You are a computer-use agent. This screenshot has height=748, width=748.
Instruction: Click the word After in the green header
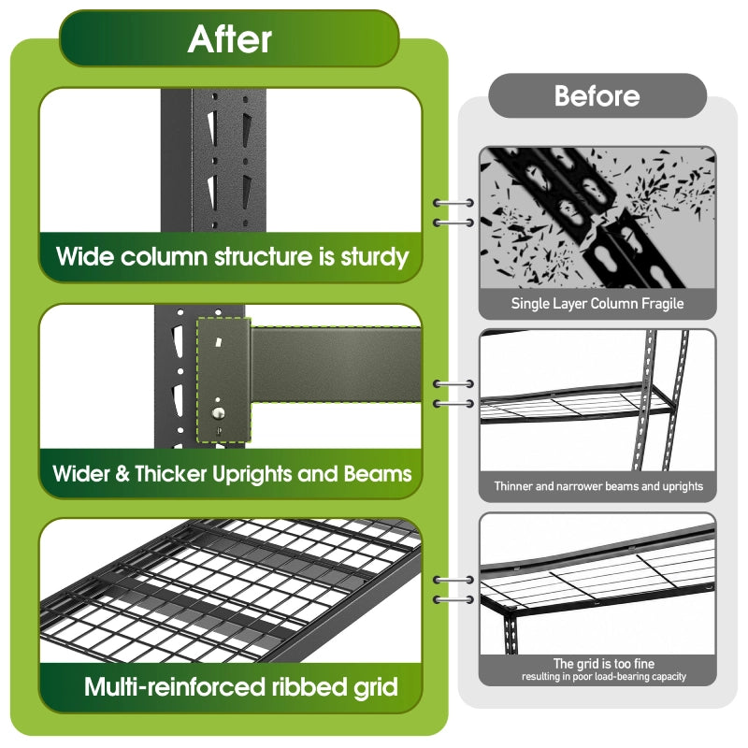pos(230,39)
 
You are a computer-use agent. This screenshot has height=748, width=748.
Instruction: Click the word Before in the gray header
pos(597,96)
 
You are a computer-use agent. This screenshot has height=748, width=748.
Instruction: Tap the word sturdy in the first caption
pos(375,258)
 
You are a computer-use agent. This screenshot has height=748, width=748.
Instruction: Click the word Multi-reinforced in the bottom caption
pos(175,687)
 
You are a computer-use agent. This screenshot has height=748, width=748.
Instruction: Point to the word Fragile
pos(663,303)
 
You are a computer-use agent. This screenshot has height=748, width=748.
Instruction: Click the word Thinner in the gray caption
pos(512,486)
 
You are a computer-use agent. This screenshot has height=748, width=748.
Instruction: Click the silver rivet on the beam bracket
pos(219,413)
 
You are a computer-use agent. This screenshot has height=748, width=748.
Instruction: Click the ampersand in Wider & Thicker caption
pos(122,474)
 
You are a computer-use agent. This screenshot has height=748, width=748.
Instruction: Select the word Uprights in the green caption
pos(252,475)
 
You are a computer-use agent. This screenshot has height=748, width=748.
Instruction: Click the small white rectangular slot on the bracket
pos(219,342)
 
